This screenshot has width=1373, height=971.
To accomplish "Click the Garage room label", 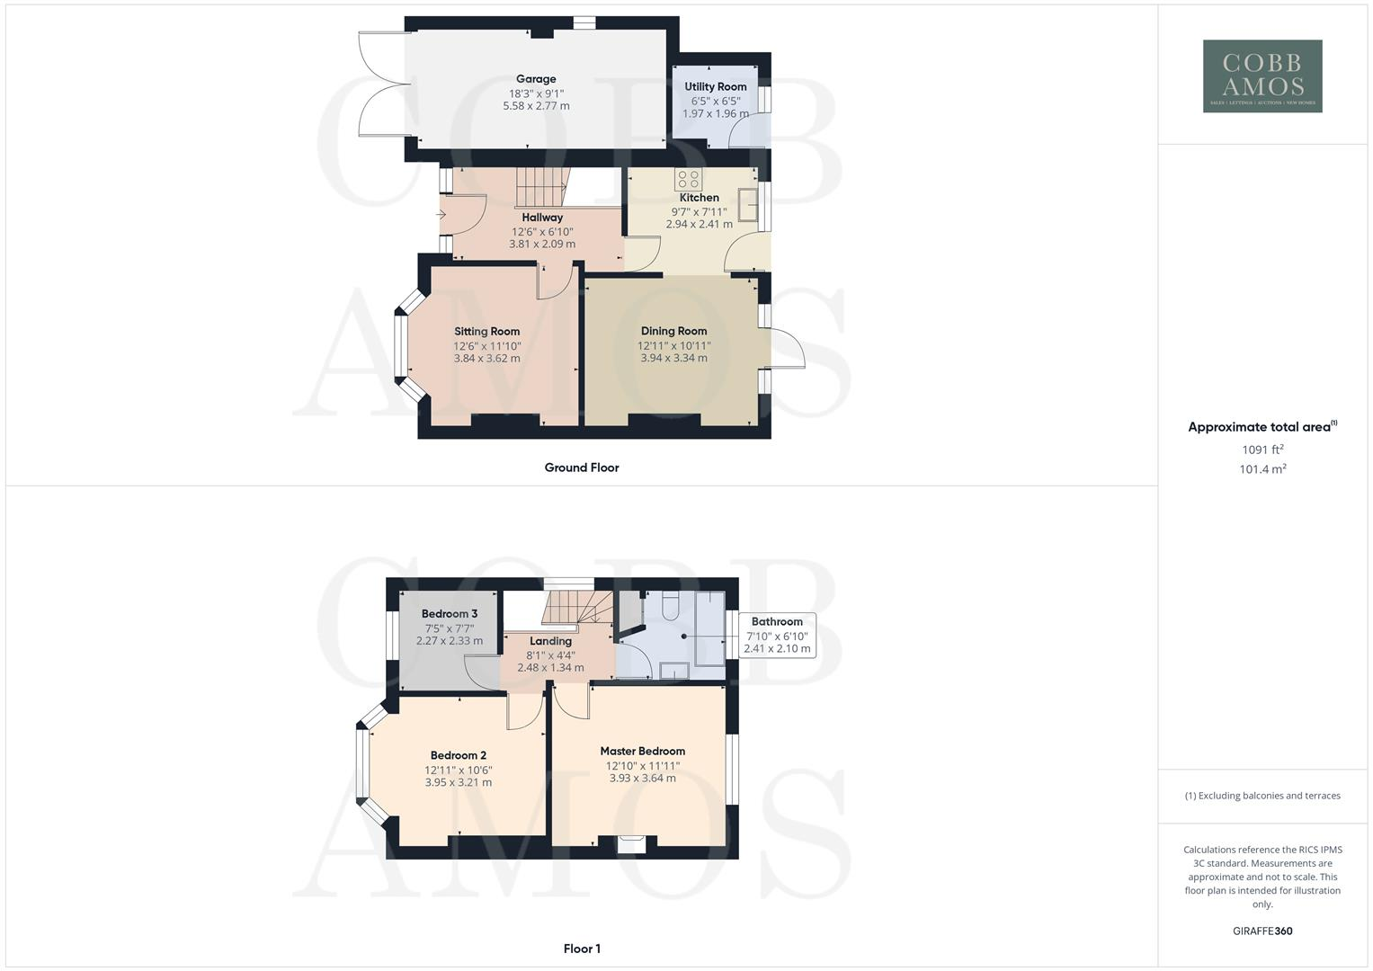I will [536, 79].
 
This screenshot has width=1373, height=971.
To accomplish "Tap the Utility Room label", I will [716, 87].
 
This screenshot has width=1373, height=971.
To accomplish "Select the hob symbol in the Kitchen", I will [689, 178].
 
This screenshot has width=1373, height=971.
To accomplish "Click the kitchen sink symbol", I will [747, 205].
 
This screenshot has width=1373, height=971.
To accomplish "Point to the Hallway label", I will [542, 218].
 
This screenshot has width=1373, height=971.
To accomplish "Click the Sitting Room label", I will [486, 332].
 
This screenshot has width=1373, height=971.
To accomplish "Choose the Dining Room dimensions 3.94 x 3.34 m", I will [673, 358].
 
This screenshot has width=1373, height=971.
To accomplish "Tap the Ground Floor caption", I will [582, 468].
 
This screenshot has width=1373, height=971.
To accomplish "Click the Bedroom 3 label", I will [450, 614].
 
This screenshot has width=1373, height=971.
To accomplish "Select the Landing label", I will [550, 641].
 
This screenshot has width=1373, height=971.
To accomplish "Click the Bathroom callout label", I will [777, 621].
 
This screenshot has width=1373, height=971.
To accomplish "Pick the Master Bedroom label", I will [642, 751].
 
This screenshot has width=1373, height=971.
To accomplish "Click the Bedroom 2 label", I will [458, 755].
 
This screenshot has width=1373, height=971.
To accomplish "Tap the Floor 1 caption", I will [582, 949].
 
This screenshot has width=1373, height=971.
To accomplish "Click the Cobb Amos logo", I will [1262, 76].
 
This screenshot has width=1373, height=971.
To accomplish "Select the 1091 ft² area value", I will [1262, 450].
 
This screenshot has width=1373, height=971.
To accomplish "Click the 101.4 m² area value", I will [1262, 469].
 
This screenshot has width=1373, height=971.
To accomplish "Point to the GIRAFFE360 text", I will [1262, 931].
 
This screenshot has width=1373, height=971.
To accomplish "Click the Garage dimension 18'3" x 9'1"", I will [536, 94].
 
